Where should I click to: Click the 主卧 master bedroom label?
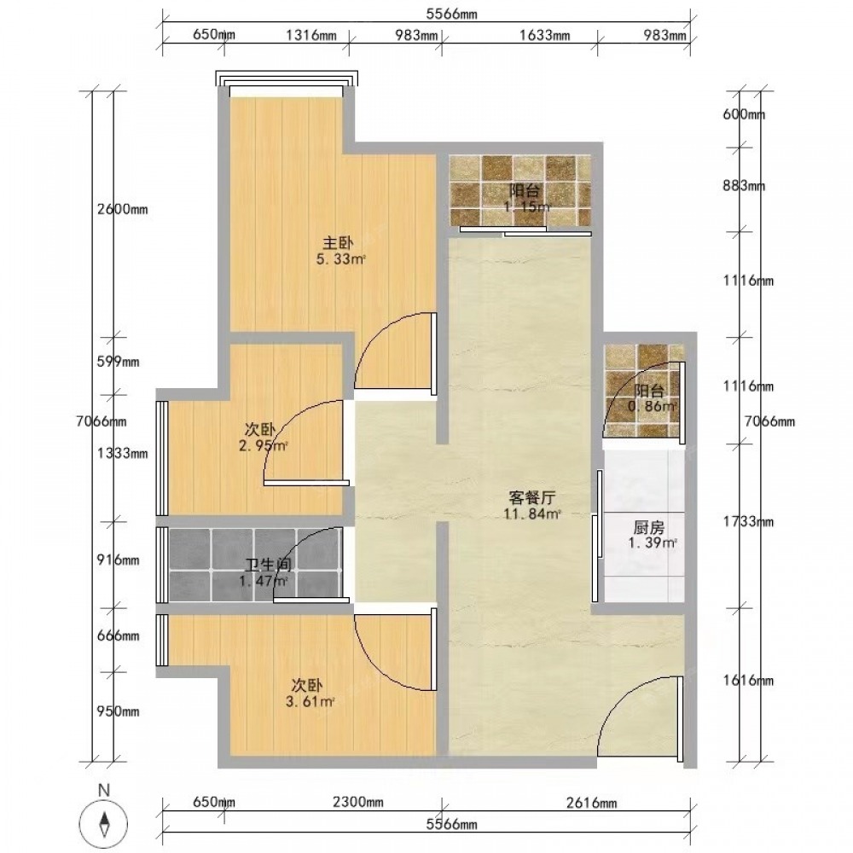point(339,242)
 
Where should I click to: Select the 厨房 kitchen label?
point(649,528)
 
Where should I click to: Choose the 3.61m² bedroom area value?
point(310,702)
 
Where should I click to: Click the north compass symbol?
point(103,817)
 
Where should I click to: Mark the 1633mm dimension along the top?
point(544,35)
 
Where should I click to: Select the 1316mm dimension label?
point(311,35)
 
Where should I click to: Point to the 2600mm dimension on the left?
point(122,210)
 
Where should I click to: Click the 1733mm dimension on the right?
point(748,522)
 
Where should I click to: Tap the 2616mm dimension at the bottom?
point(592,803)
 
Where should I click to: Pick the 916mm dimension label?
point(118,560)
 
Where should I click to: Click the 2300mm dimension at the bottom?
point(358,803)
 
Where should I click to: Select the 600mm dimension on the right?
point(744,114)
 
